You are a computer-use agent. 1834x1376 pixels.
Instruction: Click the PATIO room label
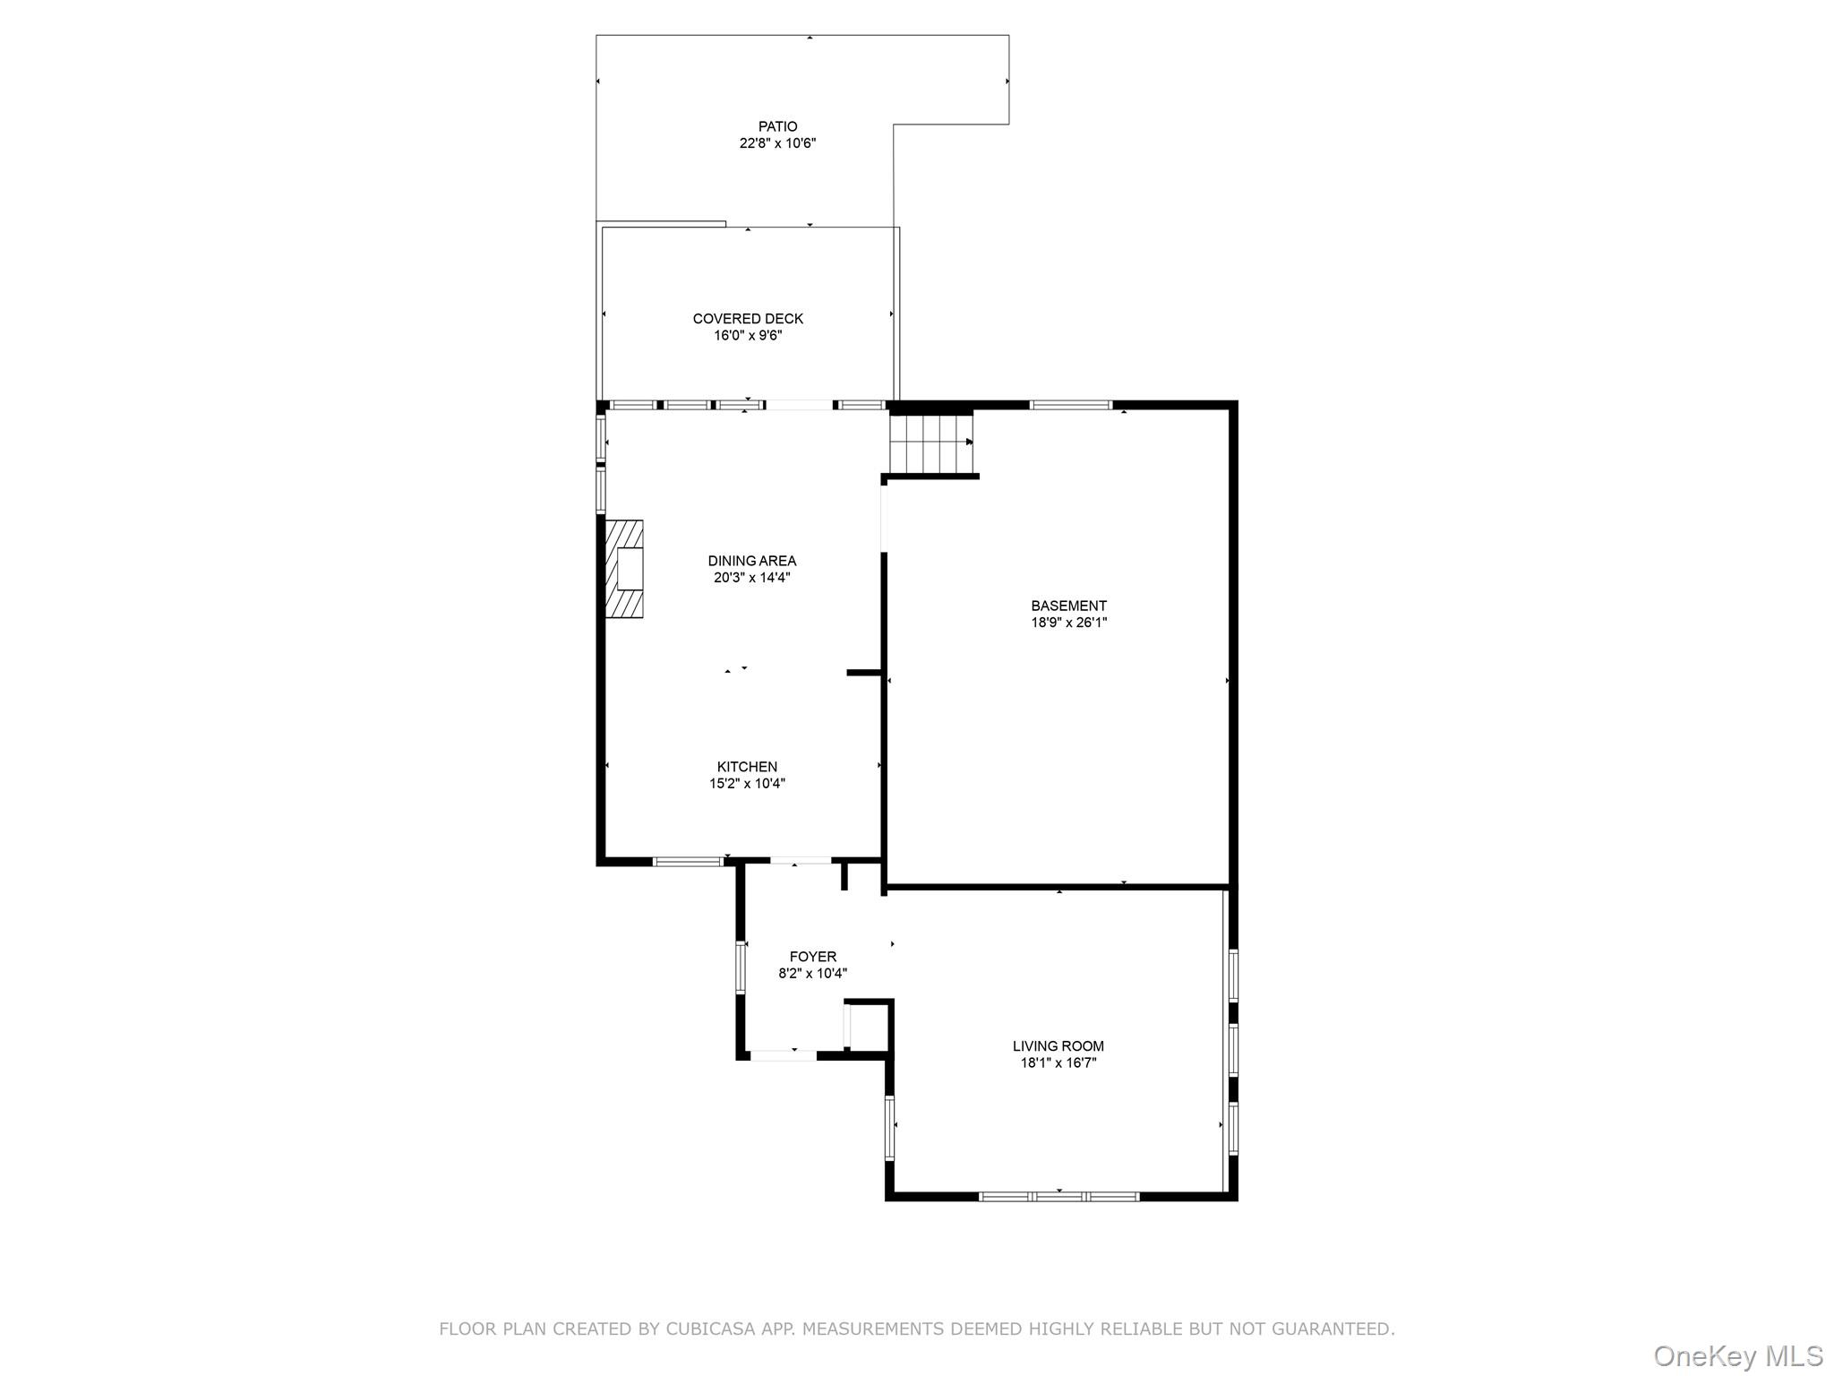point(777,126)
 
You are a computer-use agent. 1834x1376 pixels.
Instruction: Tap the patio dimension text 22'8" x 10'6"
point(777,143)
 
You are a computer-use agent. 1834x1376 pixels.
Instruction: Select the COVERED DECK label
point(748,319)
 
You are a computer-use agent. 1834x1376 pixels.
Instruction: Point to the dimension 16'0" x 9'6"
point(748,336)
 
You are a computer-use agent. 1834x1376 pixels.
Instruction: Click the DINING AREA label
point(751,561)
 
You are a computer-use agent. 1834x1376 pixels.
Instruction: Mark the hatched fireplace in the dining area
point(625,569)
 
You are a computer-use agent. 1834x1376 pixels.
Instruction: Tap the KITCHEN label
point(747,767)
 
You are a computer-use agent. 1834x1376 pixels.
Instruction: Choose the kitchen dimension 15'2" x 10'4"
point(747,784)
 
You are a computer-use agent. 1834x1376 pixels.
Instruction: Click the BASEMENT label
point(1068,606)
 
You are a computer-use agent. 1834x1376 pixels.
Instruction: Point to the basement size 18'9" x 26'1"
point(1068,623)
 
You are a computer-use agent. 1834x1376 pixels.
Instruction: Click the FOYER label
point(812,957)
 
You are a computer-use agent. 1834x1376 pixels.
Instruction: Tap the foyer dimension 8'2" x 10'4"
point(812,974)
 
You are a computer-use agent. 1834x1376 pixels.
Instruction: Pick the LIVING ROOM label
point(1058,1046)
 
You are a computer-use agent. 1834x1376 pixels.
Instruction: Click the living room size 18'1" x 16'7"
point(1058,1063)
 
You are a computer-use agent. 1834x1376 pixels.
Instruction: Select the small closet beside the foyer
point(867,1027)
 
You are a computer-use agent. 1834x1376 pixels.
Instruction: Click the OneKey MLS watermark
point(1737,1356)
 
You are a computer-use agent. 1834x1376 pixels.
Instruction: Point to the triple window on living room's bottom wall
point(1058,1196)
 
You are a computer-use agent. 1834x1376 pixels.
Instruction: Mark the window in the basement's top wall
point(1070,405)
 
